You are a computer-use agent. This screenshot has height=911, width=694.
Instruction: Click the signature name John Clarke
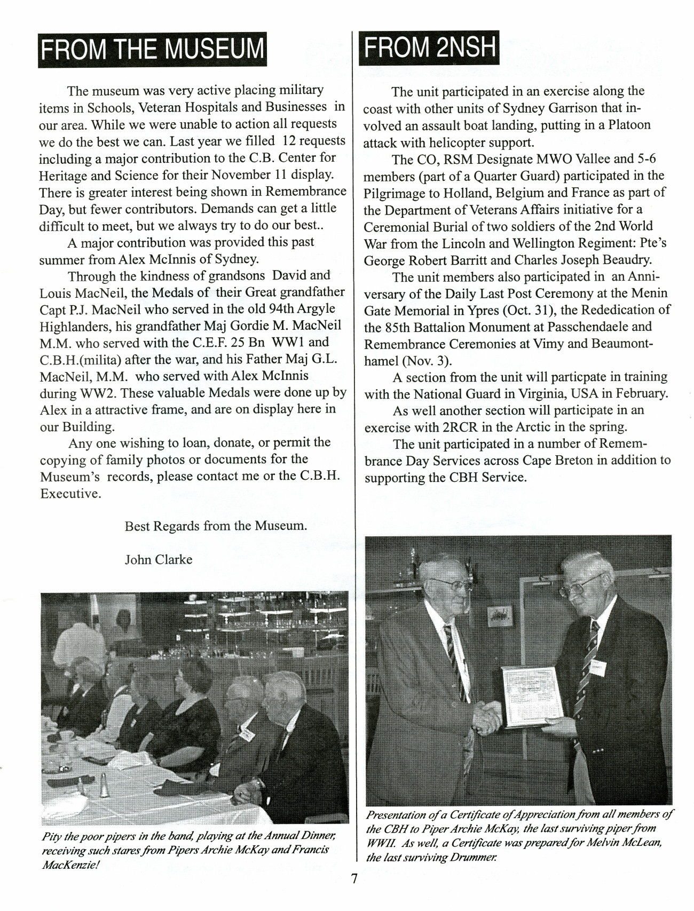coord(159,559)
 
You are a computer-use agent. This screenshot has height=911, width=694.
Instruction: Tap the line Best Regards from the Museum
coord(216,526)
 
